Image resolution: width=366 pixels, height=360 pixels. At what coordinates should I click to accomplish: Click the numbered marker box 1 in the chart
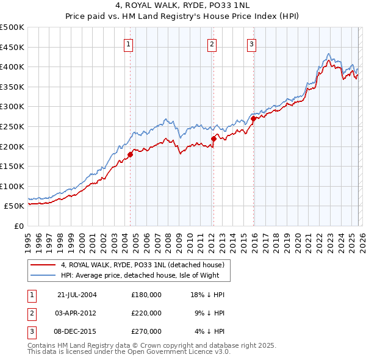pos(129,43)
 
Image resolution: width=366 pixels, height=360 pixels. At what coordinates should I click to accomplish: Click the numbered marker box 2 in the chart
pos(212,43)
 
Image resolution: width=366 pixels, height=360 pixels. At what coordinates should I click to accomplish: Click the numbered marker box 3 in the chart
pos(251,43)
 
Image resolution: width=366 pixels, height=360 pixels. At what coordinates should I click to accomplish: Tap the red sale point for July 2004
pos(130,154)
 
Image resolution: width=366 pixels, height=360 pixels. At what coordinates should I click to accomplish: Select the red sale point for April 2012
pos(213,139)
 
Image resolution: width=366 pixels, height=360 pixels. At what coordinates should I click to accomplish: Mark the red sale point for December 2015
pos(253,119)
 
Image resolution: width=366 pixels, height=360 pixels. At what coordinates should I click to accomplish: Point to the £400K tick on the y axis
pos(12,67)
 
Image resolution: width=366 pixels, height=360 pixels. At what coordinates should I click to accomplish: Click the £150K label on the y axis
pos(12,166)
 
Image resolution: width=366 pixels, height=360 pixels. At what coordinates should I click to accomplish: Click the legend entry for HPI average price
pos(145,275)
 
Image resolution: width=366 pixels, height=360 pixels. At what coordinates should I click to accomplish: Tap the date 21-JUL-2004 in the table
pos(77,294)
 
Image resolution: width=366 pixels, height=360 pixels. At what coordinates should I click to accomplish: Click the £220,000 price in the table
pos(146,312)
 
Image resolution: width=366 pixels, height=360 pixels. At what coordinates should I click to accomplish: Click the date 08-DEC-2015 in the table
pos(77,331)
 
